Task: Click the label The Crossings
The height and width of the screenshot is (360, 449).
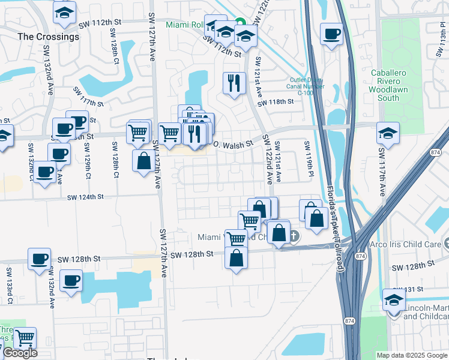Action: tap(49, 37)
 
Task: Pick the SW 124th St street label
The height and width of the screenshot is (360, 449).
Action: tap(85, 197)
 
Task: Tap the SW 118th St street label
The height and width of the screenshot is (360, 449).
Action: tap(276, 102)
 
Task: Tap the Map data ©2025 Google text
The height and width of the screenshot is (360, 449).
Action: tap(411, 355)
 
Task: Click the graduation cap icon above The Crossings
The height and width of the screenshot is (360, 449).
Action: tap(64, 13)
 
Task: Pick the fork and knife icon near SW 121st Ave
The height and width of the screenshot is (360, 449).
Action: tap(233, 83)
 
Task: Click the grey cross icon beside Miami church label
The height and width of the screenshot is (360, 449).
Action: tap(294, 236)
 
